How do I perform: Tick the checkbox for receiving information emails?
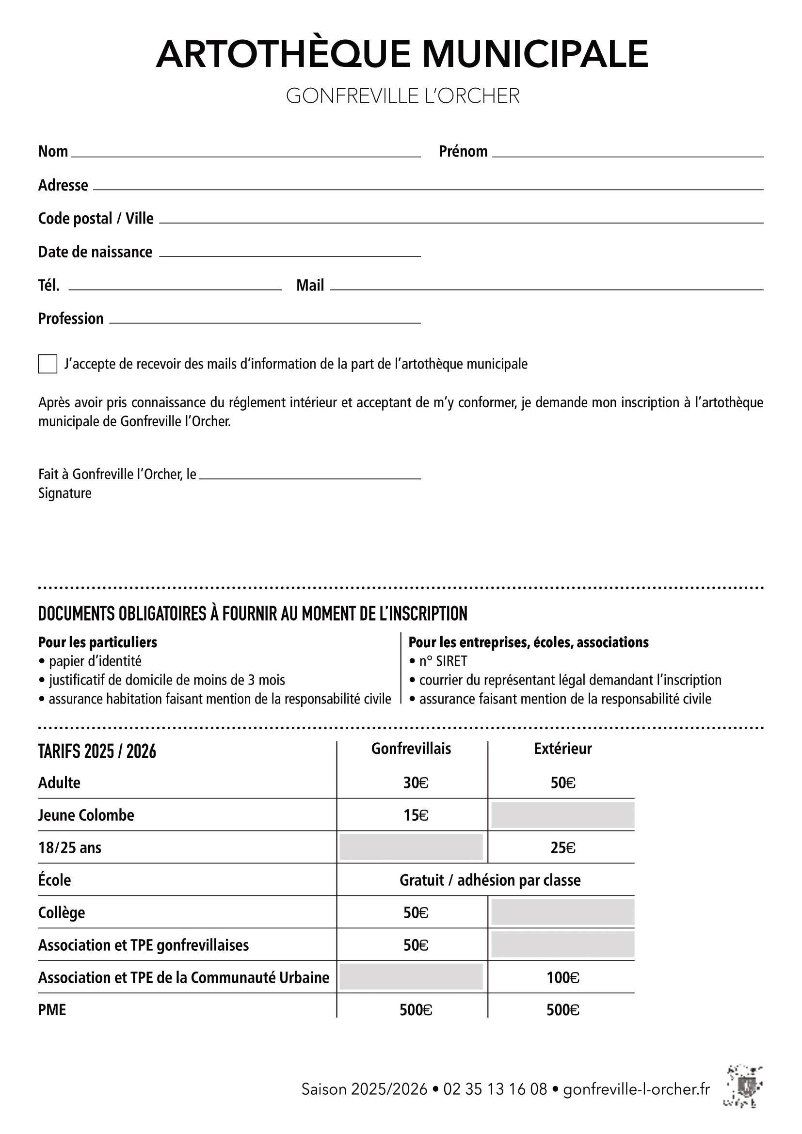point(48,364)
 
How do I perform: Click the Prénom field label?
point(463,151)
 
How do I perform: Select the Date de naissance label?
point(95,252)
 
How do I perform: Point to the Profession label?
point(71,319)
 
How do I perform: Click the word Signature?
point(64,493)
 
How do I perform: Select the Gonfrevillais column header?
point(411,748)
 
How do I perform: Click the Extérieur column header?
point(562,748)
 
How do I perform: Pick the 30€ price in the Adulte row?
point(416,783)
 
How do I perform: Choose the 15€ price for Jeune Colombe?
point(416,815)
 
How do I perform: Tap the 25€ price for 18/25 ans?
point(562,847)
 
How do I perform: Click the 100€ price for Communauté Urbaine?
point(562,977)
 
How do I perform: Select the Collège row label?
point(61,912)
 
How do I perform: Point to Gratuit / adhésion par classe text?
point(489,880)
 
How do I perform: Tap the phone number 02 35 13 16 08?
point(495,1089)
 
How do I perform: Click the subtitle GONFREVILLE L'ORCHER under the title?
point(402,96)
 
